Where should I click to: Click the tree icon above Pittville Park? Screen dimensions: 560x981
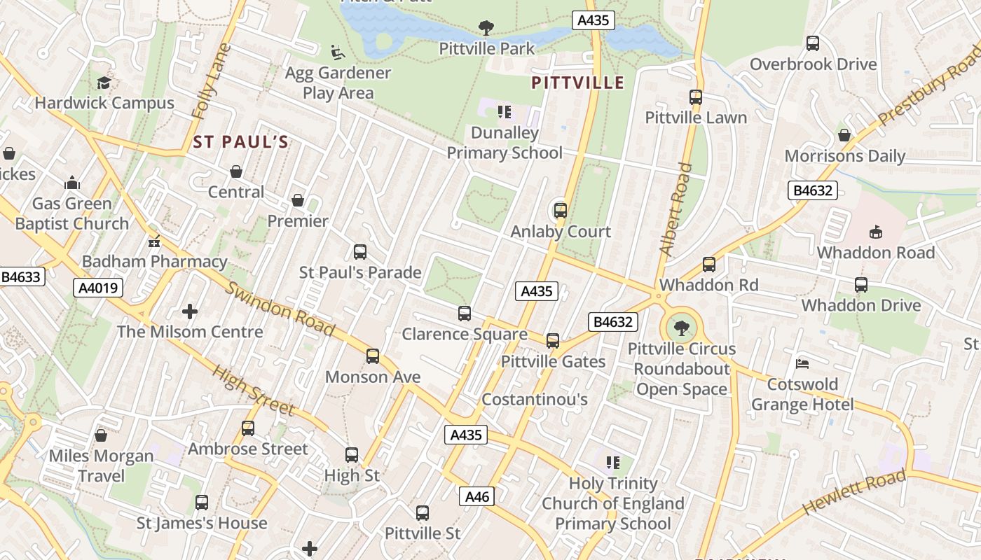pos(485,28)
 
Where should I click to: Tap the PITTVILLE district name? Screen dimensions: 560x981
pos(577,83)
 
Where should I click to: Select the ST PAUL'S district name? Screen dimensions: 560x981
pos(240,143)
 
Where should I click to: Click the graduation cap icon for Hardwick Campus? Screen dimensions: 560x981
pos(104,83)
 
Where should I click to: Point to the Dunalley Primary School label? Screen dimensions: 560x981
pos(505,143)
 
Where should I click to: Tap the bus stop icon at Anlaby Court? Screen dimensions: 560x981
pos(560,211)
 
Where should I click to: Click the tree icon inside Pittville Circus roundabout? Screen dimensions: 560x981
pos(680,327)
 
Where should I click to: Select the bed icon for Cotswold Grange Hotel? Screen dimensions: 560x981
pos(802,364)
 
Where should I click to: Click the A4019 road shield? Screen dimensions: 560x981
pos(98,288)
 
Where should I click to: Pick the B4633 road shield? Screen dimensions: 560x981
pos(22,277)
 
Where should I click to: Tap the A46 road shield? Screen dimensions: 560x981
pos(477,497)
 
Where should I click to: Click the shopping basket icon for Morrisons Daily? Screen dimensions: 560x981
pos(844,135)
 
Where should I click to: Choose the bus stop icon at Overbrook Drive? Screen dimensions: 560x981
pos(813,43)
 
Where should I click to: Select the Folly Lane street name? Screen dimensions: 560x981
pos(211,82)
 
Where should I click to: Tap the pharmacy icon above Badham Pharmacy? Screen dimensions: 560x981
pos(154,242)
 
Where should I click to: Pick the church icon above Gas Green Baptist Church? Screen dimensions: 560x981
pos(72,183)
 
